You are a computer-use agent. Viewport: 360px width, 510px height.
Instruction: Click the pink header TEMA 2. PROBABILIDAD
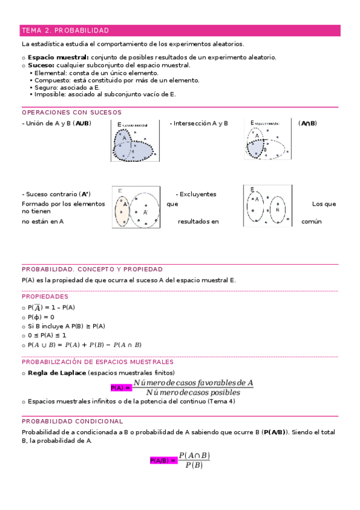tap(65, 30)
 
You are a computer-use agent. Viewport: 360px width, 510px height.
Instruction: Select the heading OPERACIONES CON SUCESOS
tap(72, 112)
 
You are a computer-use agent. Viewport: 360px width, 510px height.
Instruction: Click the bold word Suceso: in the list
tap(41, 65)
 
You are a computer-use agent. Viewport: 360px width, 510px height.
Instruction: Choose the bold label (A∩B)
tap(307, 123)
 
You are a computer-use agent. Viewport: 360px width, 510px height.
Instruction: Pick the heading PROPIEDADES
tap(45, 296)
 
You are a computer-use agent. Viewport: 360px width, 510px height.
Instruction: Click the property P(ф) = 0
tap(41, 317)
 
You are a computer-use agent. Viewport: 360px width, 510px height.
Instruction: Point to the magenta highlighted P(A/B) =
tap(162, 460)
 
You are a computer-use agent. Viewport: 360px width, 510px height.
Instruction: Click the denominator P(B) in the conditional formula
tap(194, 465)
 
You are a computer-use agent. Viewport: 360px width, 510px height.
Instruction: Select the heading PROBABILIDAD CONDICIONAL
tap(72, 422)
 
